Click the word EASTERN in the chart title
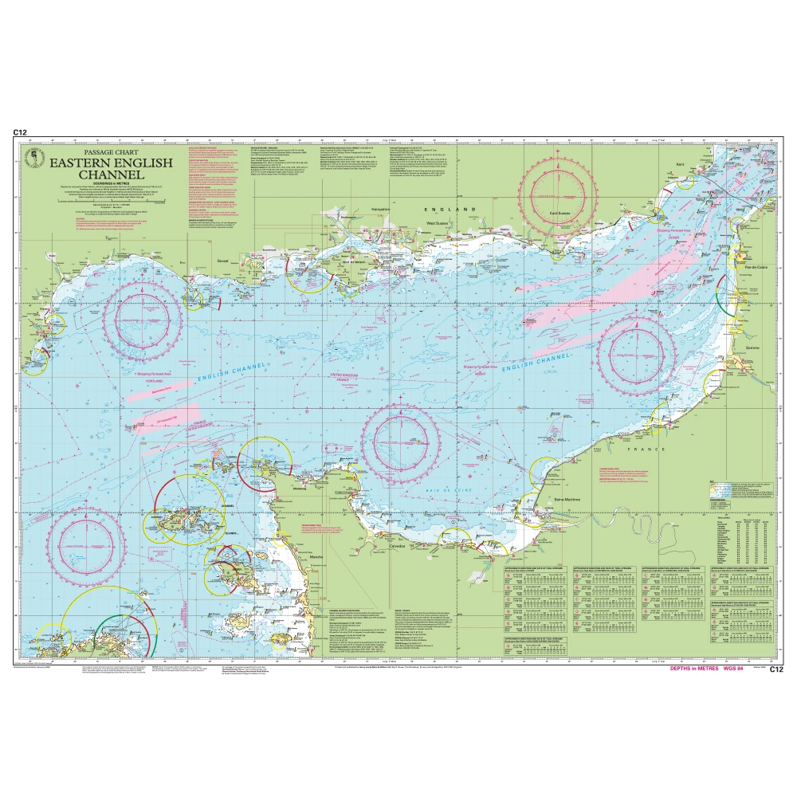[x=88, y=163]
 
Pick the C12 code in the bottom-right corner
[x=777, y=669]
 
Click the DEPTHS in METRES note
[x=696, y=669]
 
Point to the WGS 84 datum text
[x=736, y=669]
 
